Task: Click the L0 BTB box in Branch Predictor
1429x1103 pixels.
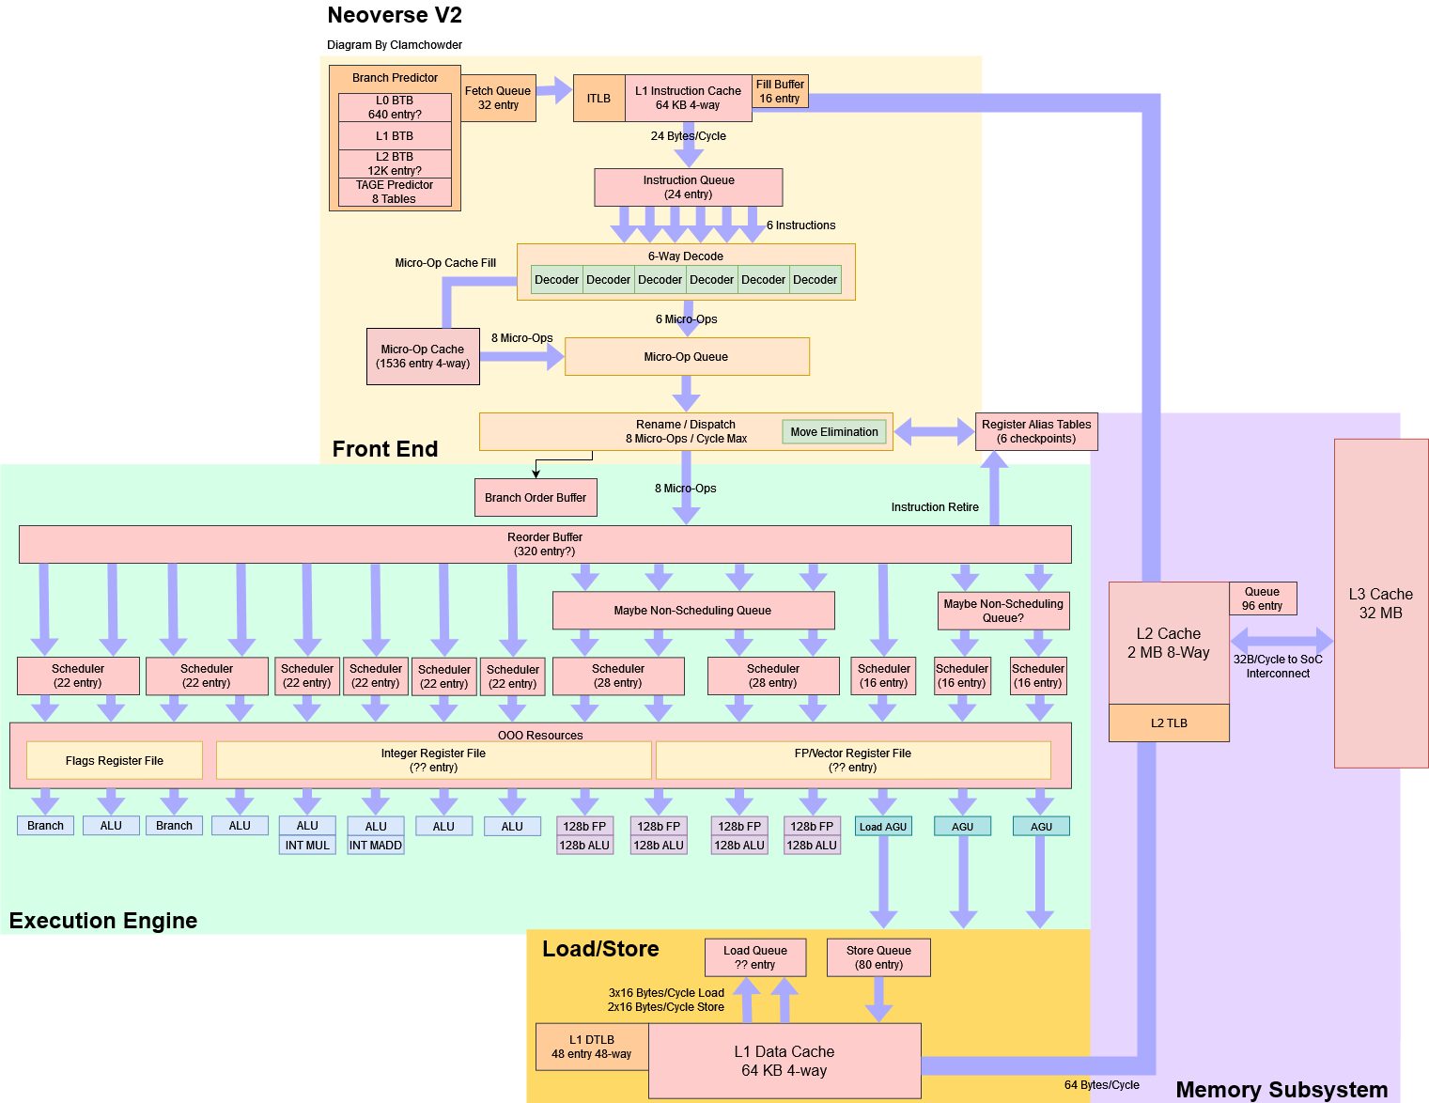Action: (395, 107)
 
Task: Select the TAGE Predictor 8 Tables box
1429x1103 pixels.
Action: (395, 192)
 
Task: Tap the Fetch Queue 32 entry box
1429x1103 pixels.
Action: (498, 98)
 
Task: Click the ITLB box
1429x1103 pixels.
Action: (598, 99)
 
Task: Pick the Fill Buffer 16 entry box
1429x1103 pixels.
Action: (780, 91)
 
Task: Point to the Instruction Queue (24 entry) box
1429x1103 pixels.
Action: (688, 187)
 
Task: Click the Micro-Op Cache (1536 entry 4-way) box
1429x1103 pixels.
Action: (423, 356)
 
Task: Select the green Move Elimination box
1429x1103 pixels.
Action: (833, 432)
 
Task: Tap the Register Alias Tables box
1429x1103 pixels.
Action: (1036, 431)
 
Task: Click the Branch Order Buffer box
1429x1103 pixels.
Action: (536, 498)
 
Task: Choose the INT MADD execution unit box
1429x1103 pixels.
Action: (376, 846)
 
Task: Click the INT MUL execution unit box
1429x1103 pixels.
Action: (307, 846)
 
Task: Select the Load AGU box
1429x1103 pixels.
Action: (883, 827)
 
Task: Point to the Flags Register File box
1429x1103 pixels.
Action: (115, 761)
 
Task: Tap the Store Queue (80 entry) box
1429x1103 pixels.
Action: (878, 957)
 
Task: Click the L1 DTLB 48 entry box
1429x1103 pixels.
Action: (592, 1047)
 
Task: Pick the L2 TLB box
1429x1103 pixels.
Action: (1169, 723)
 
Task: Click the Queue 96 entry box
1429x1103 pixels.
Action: (1262, 598)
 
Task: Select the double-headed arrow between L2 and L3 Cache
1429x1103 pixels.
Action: (1281, 641)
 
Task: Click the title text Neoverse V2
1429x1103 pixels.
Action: (395, 15)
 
